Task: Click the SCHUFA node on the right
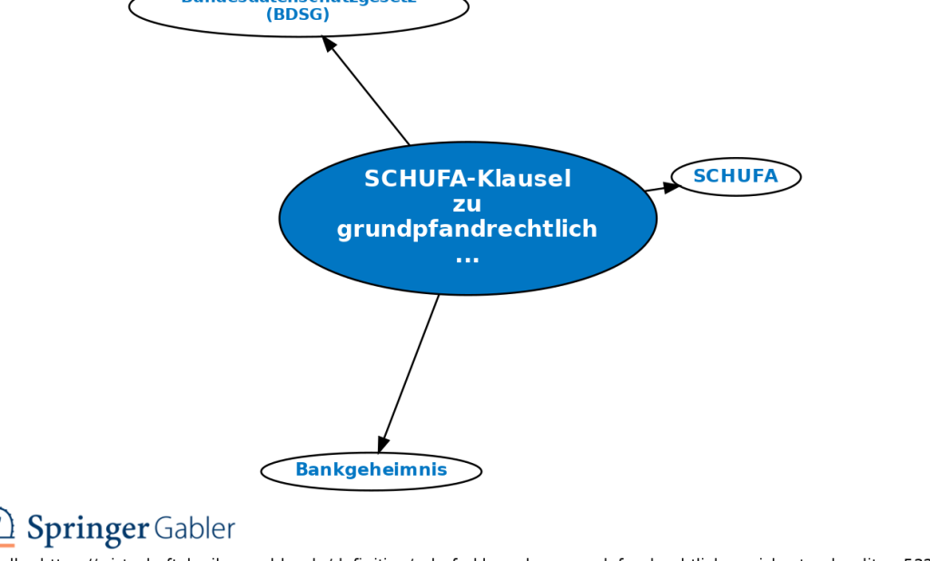pos(736,177)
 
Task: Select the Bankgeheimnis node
pos(371,470)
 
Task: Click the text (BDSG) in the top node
pos(298,15)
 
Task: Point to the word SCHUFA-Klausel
pos(468,179)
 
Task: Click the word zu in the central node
pos(467,204)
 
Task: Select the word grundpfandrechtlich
pos(467,230)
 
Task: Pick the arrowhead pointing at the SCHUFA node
pos(671,186)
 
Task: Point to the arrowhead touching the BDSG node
pos(330,44)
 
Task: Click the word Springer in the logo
pos(87,529)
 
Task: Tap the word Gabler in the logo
pos(193,528)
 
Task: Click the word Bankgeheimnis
pos(371,470)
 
